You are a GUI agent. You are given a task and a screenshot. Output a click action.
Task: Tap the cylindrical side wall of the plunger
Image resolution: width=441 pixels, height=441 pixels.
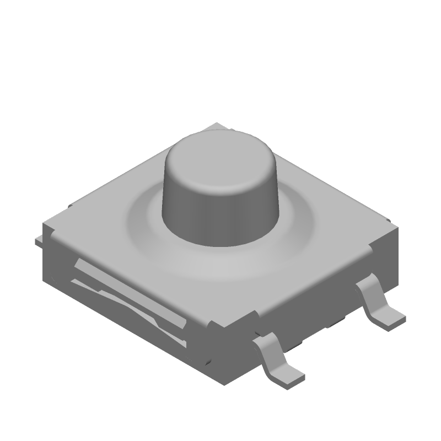(x=220, y=218)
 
